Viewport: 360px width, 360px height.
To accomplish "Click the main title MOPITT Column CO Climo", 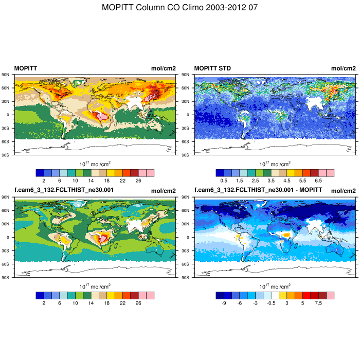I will (179, 8).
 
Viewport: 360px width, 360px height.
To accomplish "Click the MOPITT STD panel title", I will (212, 68).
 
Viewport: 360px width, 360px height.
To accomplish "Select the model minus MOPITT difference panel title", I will (258, 190).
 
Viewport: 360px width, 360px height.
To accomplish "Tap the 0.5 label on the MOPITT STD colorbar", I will (224, 181).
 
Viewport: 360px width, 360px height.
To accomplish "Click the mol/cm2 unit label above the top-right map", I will (343, 68).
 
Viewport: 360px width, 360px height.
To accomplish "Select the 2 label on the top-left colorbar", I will (44, 181).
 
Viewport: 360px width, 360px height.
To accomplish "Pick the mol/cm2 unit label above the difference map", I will (343, 190).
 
